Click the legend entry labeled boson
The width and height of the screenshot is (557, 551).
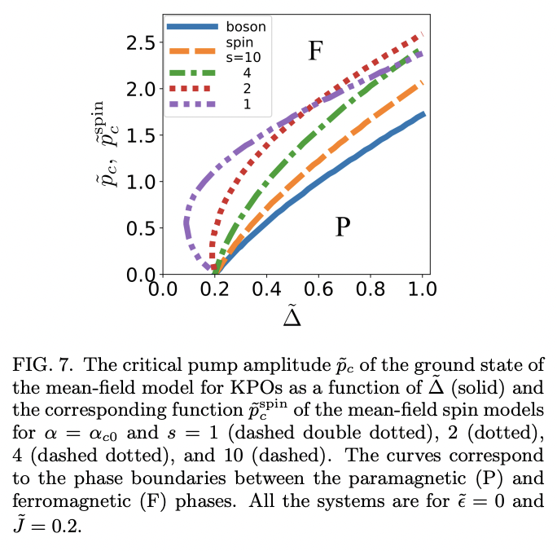(x=246, y=26)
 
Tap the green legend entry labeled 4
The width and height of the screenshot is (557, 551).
(x=246, y=73)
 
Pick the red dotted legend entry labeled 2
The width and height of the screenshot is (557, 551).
(x=246, y=88)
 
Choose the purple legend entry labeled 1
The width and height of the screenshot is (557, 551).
(x=246, y=104)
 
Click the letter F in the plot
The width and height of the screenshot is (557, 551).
(x=316, y=52)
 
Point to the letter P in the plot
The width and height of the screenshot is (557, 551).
(x=343, y=227)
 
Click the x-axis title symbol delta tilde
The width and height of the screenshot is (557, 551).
(x=292, y=315)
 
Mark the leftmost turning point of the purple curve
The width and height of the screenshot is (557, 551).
(x=186, y=222)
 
